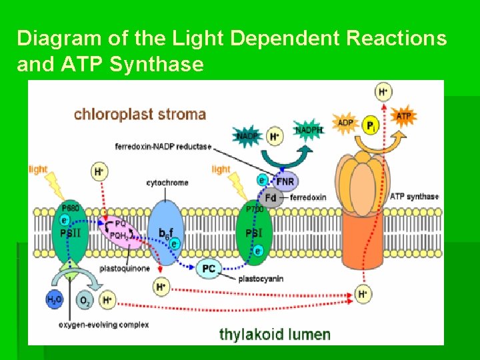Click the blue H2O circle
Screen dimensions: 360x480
55,301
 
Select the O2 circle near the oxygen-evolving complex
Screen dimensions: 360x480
85,301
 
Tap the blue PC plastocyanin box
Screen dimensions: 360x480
209,269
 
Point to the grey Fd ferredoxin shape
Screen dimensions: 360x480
271,197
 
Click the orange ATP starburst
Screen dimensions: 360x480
404,116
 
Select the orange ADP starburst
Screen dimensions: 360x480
345,123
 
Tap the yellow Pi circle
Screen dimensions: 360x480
371,125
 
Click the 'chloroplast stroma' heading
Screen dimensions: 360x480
140,114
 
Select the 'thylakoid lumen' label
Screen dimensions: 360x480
275,333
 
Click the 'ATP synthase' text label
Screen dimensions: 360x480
414,196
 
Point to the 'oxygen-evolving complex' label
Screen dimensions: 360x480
104,325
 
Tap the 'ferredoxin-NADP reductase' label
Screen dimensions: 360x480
163,146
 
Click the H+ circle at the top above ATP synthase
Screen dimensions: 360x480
383,92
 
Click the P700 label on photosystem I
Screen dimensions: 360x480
255,209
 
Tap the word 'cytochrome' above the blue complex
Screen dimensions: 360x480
167,183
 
